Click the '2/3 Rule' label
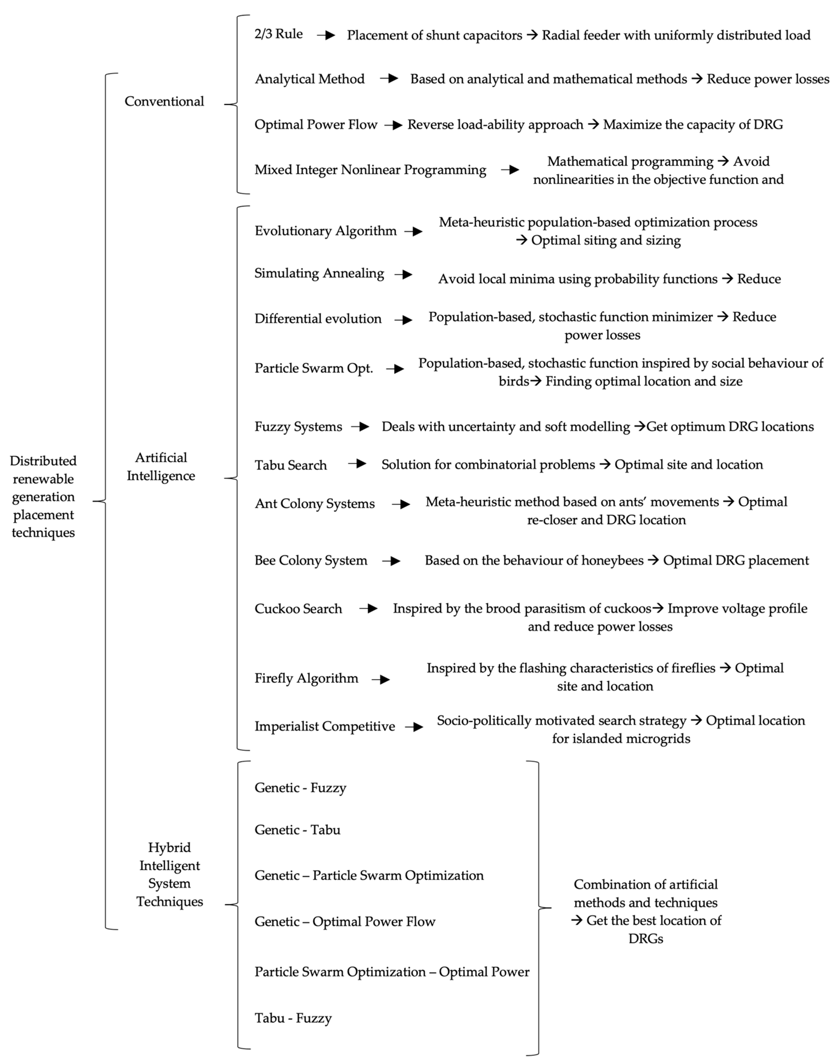click(x=278, y=34)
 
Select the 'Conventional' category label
click(x=164, y=101)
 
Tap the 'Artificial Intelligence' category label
click(x=161, y=466)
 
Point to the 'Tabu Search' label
click(x=291, y=465)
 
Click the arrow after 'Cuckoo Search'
click(x=368, y=609)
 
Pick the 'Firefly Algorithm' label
click(x=306, y=678)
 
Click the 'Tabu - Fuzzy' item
click(x=293, y=1018)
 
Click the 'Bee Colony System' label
click(x=311, y=560)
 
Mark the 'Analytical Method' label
click(x=310, y=79)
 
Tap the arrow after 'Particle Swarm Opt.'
click(x=395, y=368)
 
